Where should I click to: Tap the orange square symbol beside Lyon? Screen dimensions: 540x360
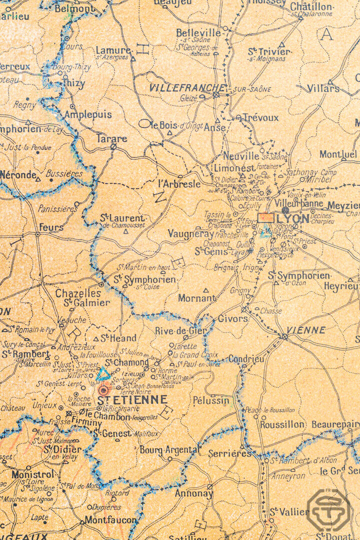[266, 218]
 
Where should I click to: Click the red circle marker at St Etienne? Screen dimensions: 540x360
[103, 390]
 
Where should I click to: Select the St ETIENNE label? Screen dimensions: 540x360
[132, 400]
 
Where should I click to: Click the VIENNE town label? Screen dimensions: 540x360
[306, 330]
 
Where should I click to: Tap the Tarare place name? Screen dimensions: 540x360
[111, 138]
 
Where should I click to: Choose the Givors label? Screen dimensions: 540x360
[233, 318]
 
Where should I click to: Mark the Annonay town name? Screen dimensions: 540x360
[193, 493]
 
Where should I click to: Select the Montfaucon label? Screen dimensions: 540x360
[110, 520]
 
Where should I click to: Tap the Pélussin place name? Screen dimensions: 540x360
[211, 400]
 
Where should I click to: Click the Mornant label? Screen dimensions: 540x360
[196, 298]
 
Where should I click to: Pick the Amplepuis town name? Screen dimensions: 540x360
[88, 114]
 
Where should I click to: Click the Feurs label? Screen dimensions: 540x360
[51, 227]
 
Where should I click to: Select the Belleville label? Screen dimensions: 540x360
[198, 33]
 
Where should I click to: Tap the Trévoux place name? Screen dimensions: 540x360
[260, 117]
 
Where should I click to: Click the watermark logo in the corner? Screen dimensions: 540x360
[328, 510]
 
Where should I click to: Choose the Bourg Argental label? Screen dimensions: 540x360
[168, 450]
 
